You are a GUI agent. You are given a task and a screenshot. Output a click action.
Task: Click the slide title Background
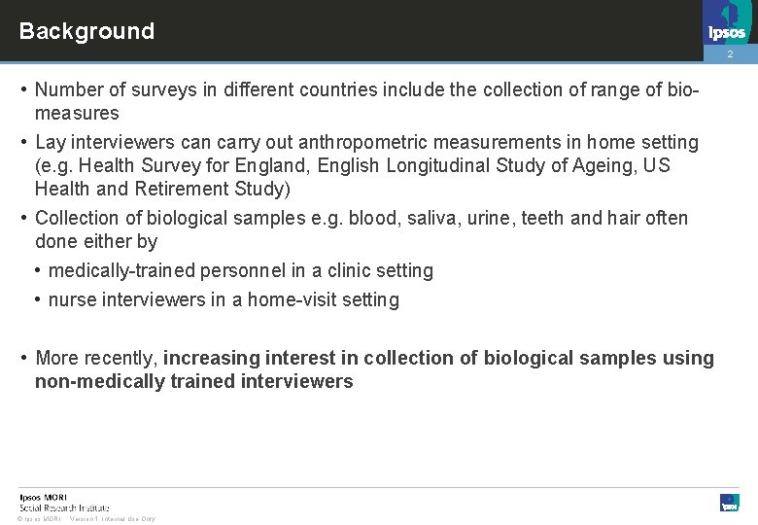coord(86,31)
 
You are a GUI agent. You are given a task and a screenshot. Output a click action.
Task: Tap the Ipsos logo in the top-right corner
coord(727,23)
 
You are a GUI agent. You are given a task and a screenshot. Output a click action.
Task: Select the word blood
coord(372,218)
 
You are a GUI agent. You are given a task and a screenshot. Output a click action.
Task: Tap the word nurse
coord(71,299)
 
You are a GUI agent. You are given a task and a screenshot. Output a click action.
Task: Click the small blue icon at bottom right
coord(729,502)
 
